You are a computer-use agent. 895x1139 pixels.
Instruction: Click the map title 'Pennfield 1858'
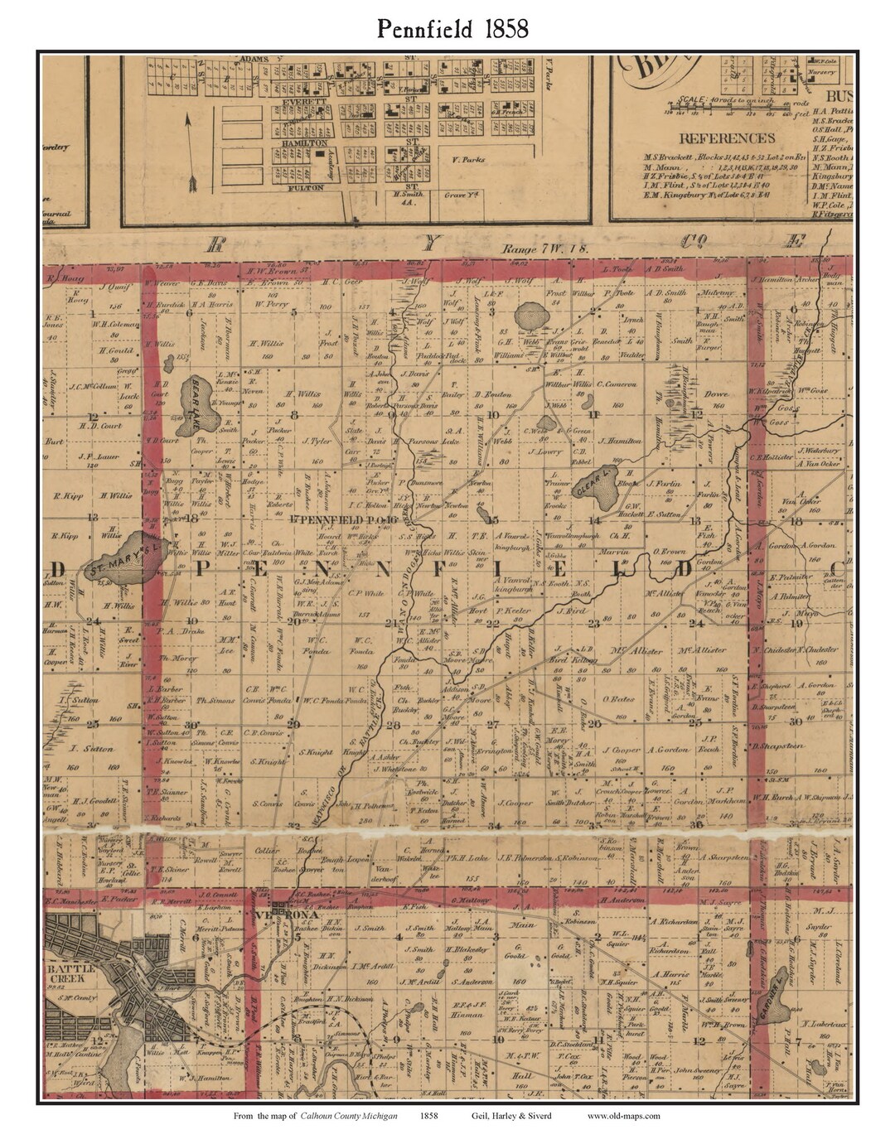[x=452, y=29]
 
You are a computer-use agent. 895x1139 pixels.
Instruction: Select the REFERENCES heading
[x=726, y=138]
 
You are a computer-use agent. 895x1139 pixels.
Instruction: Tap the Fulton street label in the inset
[x=299, y=188]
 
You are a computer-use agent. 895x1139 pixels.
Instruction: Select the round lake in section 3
[x=530, y=316]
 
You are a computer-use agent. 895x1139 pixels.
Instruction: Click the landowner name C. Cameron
[x=614, y=384]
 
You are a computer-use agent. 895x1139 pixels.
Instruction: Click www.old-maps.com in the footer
[x=623, y=1116]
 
